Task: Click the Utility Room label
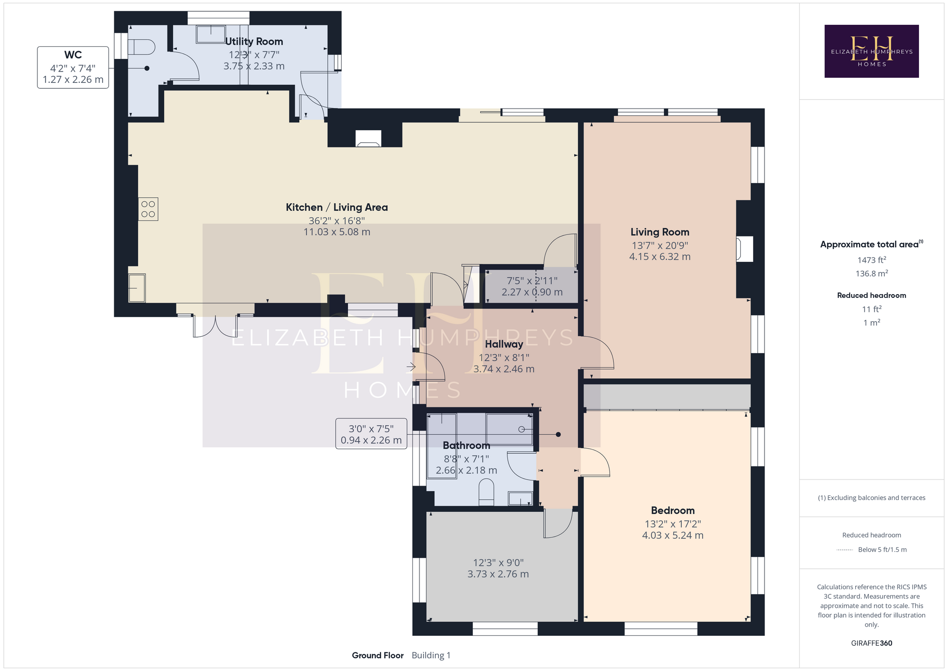254,41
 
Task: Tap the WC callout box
73,67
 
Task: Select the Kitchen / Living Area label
337,207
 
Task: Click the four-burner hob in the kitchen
148,209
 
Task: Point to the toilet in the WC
141,47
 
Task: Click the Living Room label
660,232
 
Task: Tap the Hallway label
504,344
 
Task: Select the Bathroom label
466,445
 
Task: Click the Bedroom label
673,510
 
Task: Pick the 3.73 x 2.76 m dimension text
498,574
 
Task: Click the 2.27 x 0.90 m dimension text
532,292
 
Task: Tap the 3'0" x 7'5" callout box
371,434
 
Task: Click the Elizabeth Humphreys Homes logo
871,51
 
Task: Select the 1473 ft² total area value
872,260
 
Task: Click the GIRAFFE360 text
872,643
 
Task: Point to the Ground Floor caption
378,655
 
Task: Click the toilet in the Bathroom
486,492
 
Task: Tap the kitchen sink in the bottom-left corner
137,288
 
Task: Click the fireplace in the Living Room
744,249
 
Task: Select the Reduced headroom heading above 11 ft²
872,295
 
